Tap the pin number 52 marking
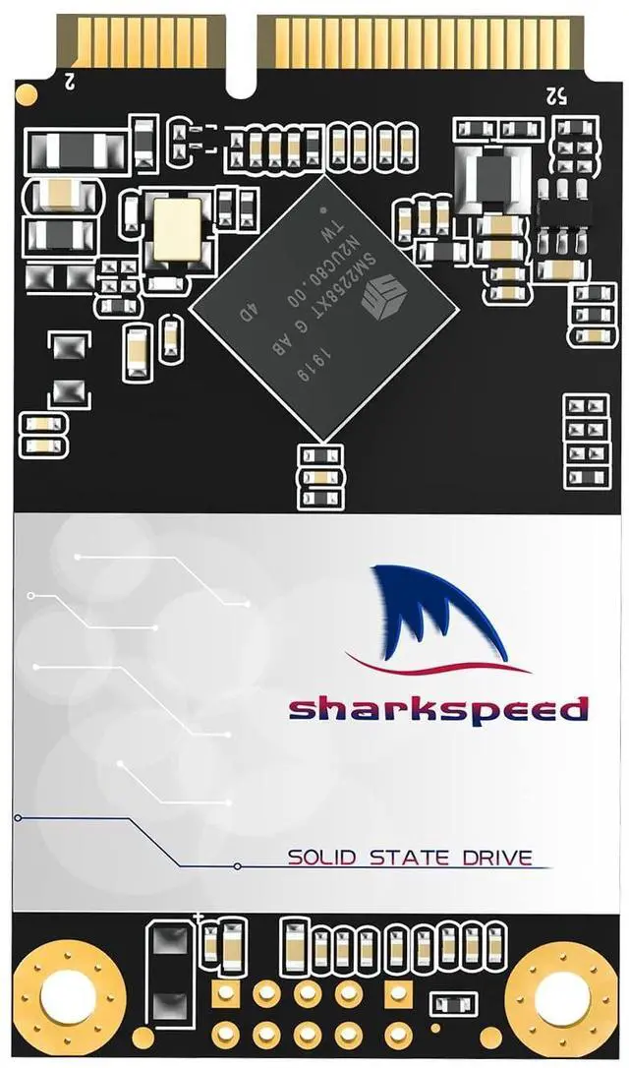point(555,94)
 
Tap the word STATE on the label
point(402,857)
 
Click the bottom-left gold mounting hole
point(68,993)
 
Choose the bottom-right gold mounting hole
point(560,993)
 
